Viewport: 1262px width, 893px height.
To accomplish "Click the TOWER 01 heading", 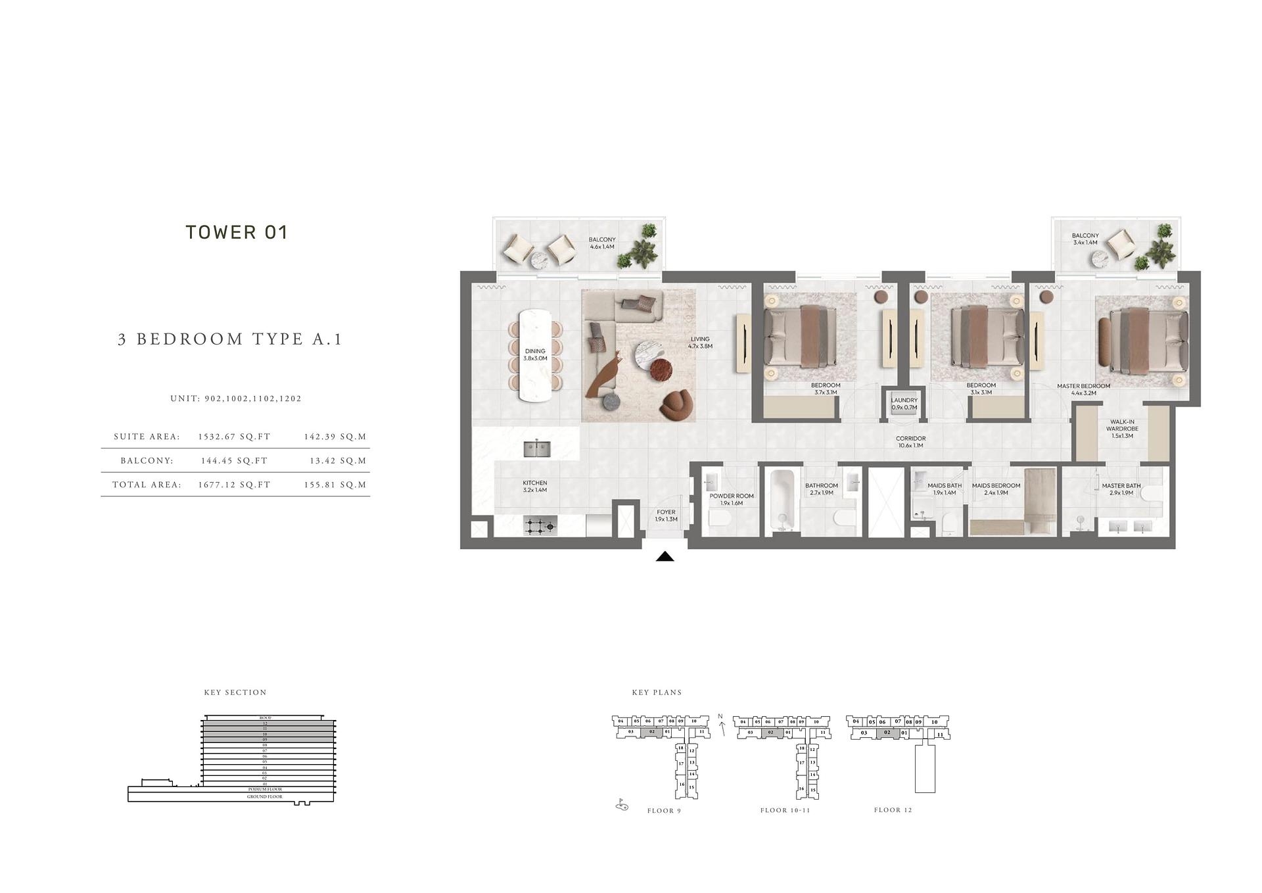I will tap(237, 232).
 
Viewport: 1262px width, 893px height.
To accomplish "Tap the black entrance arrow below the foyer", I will tap(665, 557).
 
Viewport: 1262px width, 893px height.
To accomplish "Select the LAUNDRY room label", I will tap(904, 404).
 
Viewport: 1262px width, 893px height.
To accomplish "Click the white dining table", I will tap(536, 355).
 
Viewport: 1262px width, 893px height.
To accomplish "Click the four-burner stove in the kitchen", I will tap(540, 525).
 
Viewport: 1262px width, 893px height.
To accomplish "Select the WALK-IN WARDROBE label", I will tap(1121, 429).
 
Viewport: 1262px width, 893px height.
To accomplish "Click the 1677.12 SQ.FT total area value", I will tap(234, 485).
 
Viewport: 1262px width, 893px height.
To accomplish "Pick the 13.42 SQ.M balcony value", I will tap(338, 461).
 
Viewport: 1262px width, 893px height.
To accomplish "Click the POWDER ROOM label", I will tap(731, 499).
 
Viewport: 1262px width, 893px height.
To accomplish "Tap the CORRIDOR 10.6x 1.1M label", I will tap(910, 442).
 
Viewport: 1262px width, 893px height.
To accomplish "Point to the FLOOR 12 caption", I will tap(893, 810).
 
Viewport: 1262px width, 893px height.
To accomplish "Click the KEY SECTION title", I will tap(235, 692).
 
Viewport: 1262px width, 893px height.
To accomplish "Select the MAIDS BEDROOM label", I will tap(996, 489).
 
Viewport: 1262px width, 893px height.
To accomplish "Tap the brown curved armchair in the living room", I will tap(677, 404).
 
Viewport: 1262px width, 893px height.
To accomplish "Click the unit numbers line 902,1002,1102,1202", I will tap(236, 398).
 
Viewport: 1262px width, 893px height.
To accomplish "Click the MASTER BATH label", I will tap(1121, 489).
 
